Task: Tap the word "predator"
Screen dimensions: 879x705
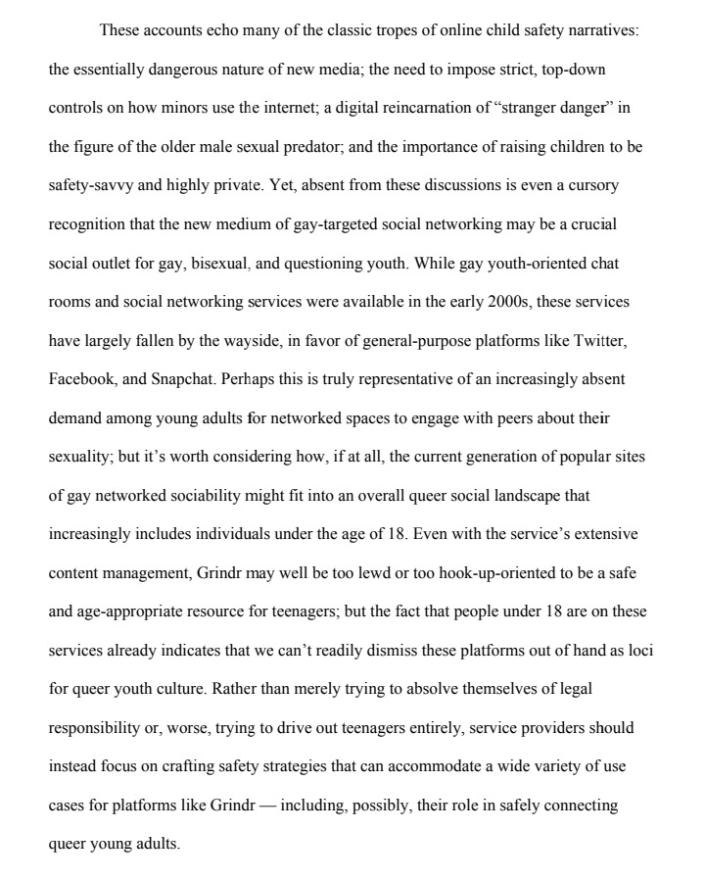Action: pyautogui.click(x=310, y=146)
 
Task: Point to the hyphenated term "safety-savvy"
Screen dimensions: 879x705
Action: pyautogui.click(x=90, y=184)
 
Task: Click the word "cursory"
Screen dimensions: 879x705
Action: pyautogui.click(x=592, y=184)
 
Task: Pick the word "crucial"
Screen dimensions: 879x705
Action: pyautogui.click(x=589, y=223)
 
